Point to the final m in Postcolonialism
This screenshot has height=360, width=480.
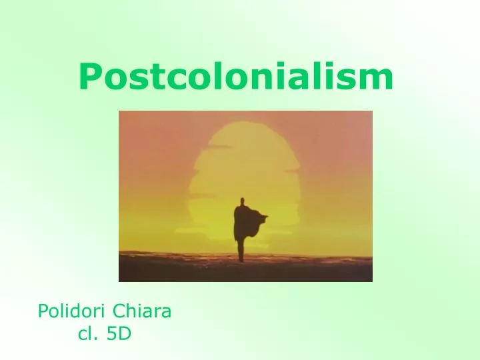tap(378, 81)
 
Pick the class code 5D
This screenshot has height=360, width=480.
tap(118, 334)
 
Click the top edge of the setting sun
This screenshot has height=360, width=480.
tap(245, 122)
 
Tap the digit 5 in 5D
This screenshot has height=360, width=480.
tap(111, 334)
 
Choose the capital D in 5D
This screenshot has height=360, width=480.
tap(124, 334)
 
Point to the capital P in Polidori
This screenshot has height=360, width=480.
tap(43, 311)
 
